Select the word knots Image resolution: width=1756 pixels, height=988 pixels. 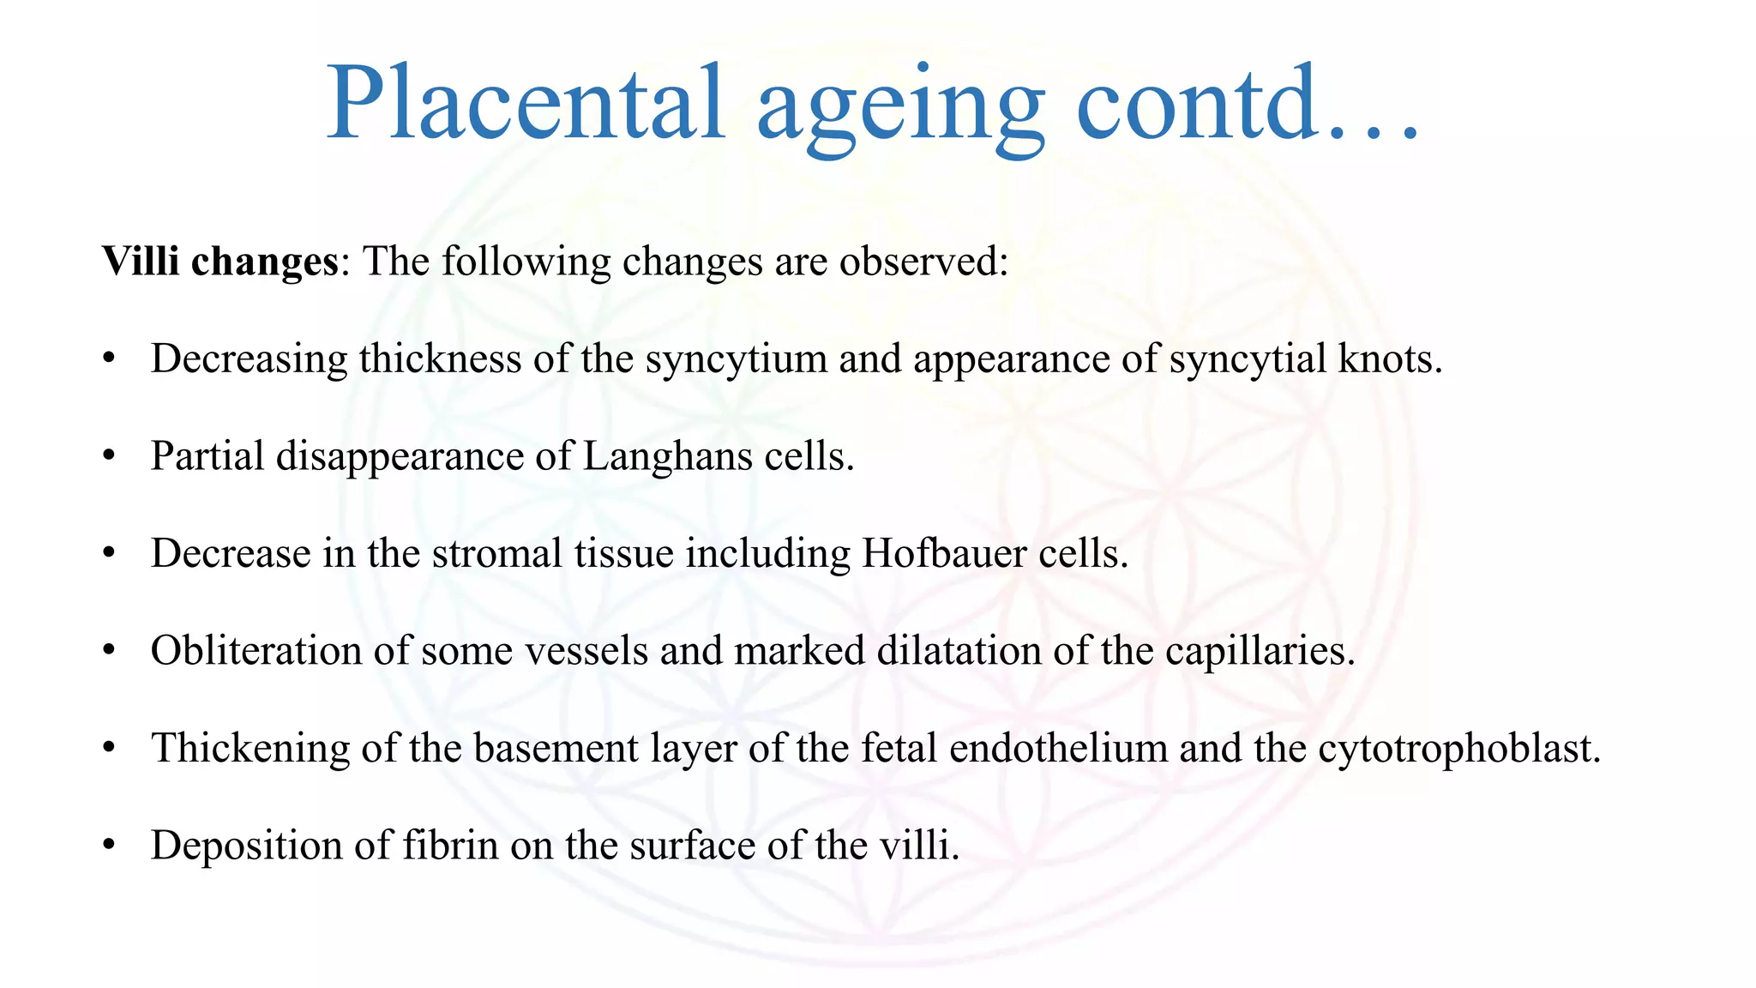[1390, 358]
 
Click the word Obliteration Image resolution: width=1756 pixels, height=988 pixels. [256, 650]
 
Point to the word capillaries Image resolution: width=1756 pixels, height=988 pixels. [1260, 650]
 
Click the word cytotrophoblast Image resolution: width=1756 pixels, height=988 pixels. [1458, 748]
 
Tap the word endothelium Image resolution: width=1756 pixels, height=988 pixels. [1058, 748]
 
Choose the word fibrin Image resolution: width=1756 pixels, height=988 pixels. [450, 845]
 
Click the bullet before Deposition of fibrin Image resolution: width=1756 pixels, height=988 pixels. [108, 846]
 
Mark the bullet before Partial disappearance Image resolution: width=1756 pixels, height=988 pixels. [108, 457]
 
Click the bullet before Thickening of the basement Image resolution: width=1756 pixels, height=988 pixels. [108, 749]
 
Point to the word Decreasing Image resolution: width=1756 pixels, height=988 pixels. [249, 358]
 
